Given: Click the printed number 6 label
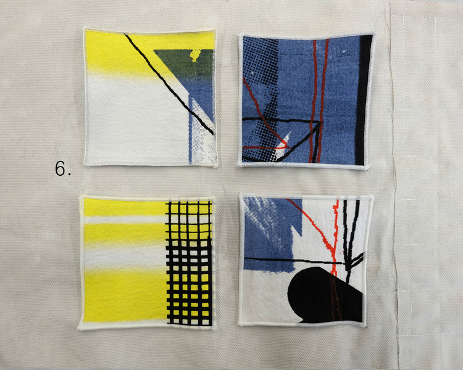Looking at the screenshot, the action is (x=62, y=169).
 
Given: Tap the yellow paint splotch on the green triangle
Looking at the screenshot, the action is (x=195, y=55).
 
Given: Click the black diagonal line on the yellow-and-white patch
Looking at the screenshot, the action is (x=169, y=84).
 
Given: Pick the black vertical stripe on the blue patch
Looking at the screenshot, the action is (x=362, y=100).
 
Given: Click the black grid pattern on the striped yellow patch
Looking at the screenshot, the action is (x=189, y=263).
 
